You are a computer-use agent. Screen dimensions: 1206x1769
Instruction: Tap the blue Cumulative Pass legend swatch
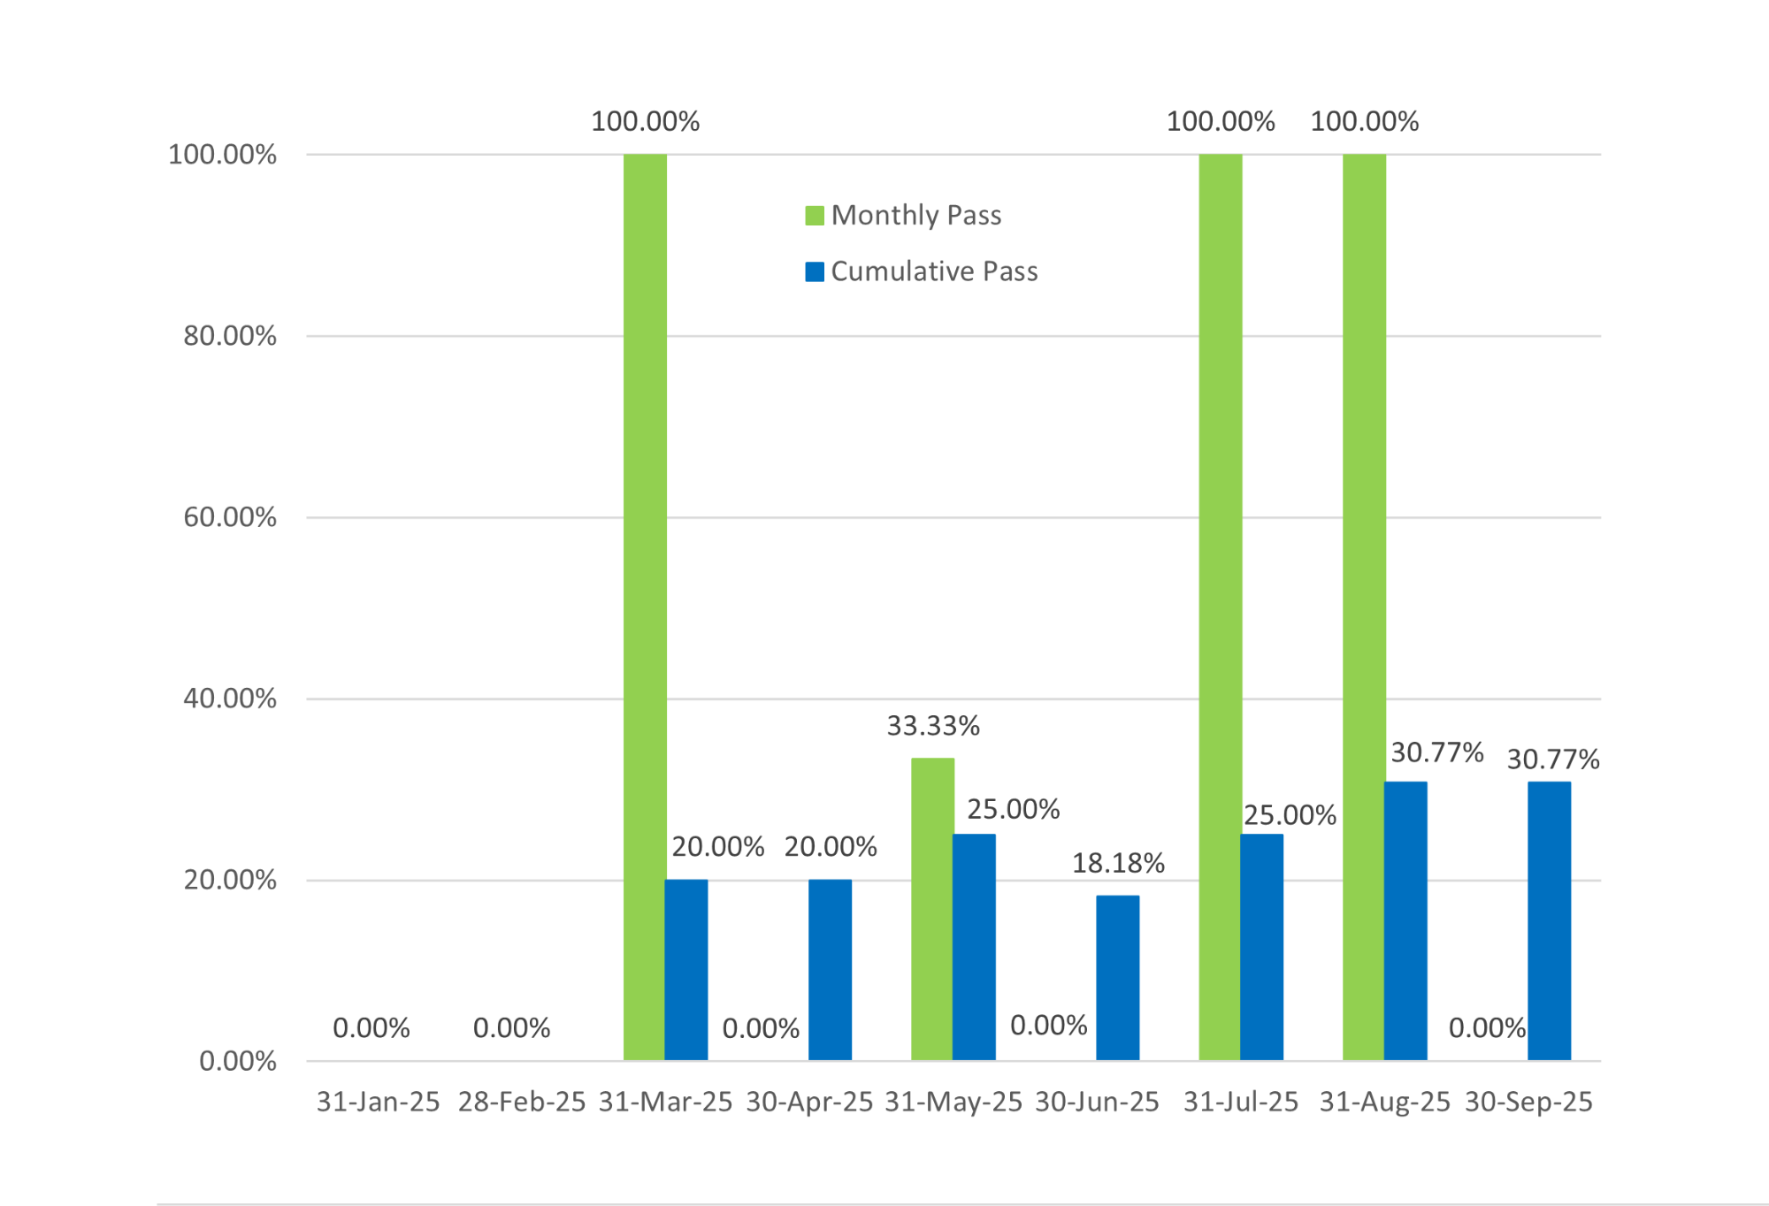(x=815, y=271)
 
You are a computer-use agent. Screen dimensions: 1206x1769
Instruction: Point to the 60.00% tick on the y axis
(x=230, y=517)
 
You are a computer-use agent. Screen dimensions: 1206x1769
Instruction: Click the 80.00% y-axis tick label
(x=230, y=336)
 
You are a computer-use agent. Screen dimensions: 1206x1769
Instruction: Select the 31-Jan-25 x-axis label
(x=379, y=1102)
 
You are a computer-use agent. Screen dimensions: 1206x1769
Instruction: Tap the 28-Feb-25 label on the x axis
(x=522, y=1102)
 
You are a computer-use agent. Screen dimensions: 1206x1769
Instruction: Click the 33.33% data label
(x=933, y=726)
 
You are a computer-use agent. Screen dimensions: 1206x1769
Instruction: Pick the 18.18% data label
(x=1118, y=863)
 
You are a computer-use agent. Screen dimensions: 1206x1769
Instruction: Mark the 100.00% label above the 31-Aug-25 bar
(x=1364, y=121)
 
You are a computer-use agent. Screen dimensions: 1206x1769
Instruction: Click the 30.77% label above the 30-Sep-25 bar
(x=1553, y=759)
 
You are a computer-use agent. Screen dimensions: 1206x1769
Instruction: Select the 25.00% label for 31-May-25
(x=1013, y=809)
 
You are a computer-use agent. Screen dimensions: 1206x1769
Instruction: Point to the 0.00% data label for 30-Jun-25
(x=1048, y=1026)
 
